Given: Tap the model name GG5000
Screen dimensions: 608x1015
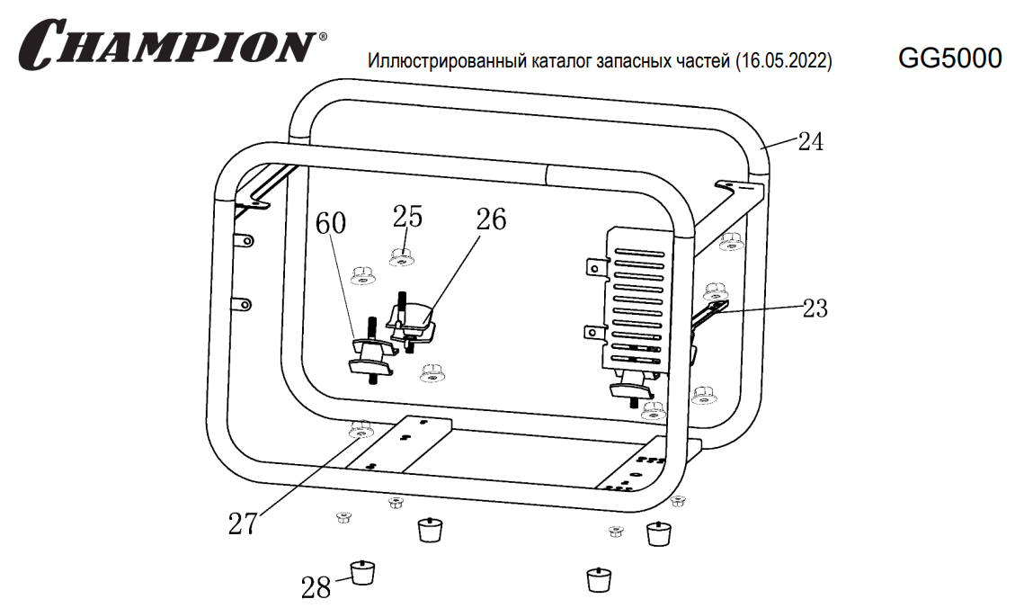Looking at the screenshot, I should tap(949, 58).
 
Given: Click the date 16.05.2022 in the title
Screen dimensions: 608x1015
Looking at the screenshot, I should tap(782, 62).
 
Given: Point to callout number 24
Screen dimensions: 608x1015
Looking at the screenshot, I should tap(810, 141).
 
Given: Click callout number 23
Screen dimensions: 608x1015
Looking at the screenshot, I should tap(814, 308).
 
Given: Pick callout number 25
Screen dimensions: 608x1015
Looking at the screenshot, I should tap(407, 216).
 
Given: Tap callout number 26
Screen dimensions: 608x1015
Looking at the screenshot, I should tap(491, 219).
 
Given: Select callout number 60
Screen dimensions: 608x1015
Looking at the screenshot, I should tap(330, 224).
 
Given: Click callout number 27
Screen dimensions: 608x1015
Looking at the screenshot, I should tap(242, 523).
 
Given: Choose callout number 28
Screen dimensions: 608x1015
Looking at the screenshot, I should tap(316, 587).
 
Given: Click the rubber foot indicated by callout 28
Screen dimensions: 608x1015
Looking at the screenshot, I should tap(361, 571).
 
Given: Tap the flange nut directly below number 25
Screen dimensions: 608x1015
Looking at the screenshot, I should tap(402, 257).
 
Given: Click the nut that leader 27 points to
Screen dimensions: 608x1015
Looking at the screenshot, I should tap(361, 432).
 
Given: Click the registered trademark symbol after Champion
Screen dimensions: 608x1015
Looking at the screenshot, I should tap(323, 38).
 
